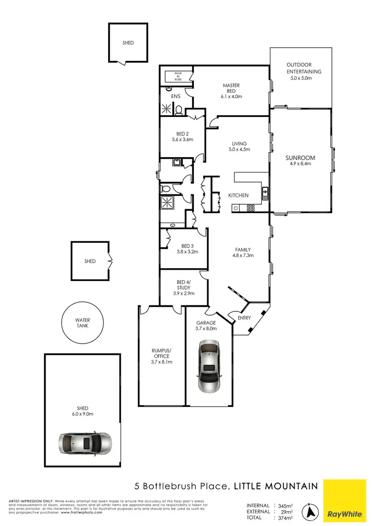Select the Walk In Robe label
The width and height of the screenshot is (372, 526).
[178, 76]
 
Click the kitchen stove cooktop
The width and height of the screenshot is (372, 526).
[251, 208]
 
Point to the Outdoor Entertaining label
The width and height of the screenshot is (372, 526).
[304, 68]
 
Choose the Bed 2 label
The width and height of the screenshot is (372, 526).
[182, 134]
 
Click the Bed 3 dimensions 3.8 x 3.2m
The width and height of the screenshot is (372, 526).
[187, 252]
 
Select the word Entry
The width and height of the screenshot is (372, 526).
[244, 318]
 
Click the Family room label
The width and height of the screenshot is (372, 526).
[243, 250]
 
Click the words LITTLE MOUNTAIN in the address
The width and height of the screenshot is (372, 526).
[275, 486]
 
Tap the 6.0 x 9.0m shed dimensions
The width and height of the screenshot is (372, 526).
[83, 414]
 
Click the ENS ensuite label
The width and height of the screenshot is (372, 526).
[176, 96]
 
